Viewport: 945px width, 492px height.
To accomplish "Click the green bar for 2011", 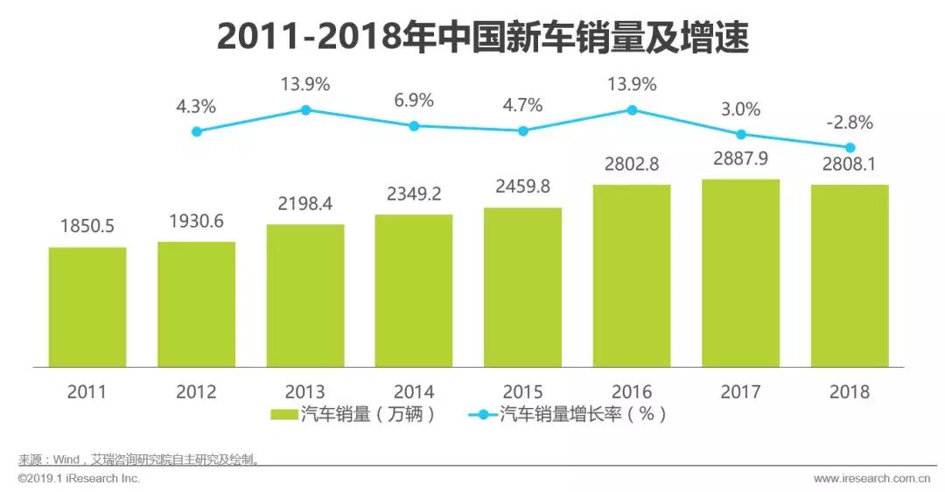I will tap(87, 306).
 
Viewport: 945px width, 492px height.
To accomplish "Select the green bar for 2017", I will tap(740, 273).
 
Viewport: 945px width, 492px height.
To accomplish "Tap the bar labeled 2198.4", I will tap(305, 295).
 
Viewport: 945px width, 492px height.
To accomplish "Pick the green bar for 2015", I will tap(522, 287).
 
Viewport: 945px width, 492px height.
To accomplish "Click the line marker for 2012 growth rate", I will tap(197, 131).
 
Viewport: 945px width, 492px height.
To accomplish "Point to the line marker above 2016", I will tap(632, 109).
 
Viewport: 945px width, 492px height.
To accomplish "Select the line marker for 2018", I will tap(849, 147).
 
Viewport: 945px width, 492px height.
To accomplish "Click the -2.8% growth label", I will tap(849, 121).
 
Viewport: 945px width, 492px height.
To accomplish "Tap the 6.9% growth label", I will tap(414, 100).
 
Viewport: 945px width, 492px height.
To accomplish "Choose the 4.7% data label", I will tap(522, 105).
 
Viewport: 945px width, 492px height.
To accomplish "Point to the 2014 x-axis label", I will tap(414, 391).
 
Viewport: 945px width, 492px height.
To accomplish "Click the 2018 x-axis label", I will tap(849, 391).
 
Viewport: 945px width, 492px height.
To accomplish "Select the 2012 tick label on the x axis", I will tap(197, 391).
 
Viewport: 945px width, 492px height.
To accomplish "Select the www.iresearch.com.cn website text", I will tap(871, 479).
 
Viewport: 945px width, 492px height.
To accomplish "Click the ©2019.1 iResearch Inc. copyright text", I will tap(79, 479).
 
